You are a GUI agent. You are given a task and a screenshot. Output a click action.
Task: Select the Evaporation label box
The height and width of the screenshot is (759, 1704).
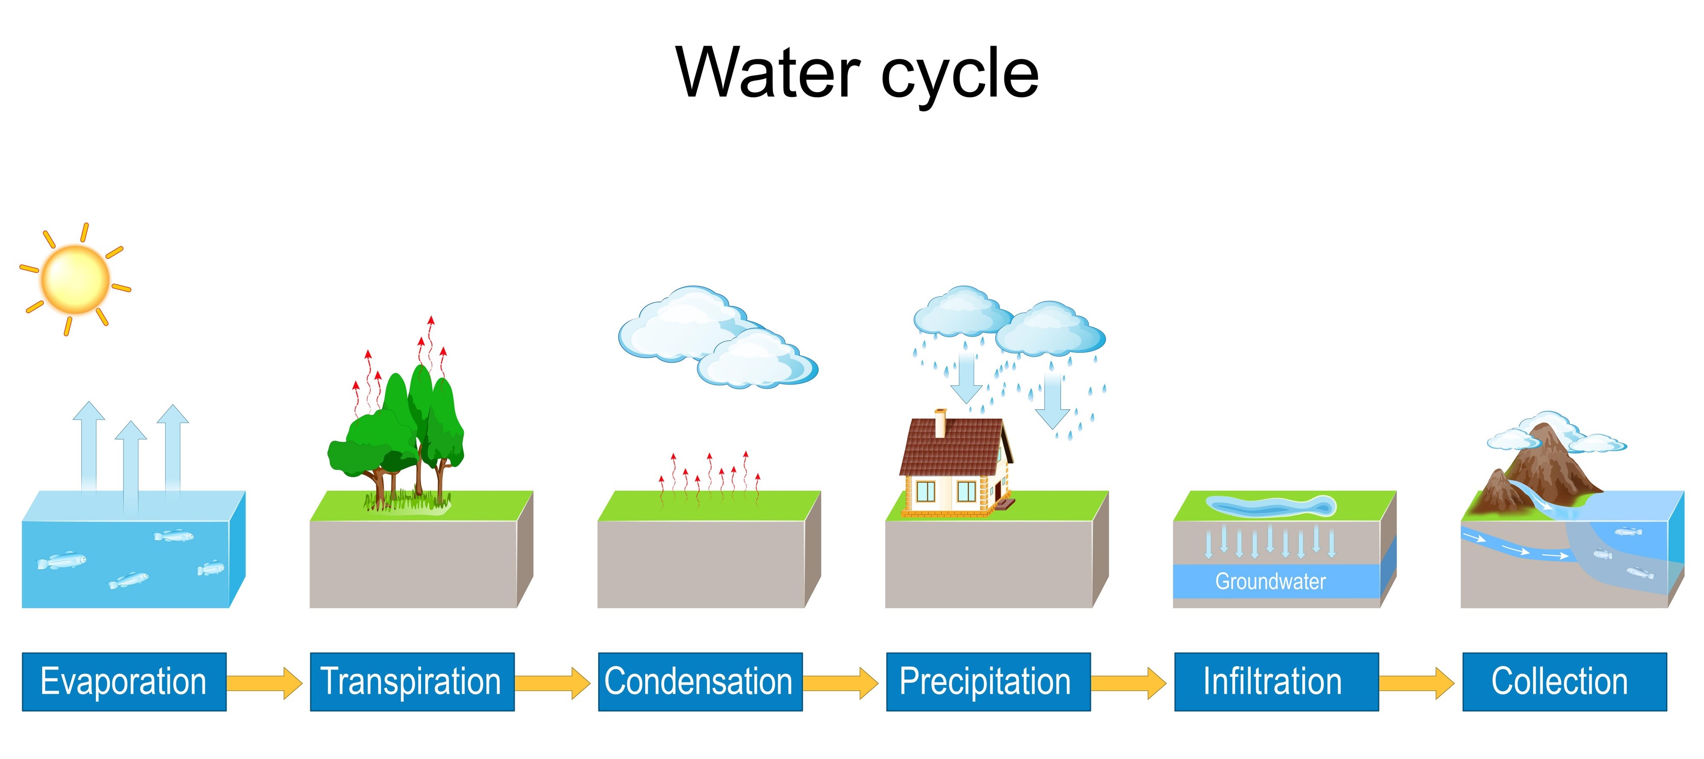124,681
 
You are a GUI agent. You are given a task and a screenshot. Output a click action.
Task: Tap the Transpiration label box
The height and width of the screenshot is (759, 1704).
412,681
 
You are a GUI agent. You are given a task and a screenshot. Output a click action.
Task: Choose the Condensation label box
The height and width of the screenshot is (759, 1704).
700,681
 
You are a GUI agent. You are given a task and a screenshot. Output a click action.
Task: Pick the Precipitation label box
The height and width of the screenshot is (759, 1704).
988,681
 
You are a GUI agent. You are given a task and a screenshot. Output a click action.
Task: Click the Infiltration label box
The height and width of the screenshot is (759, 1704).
1276,681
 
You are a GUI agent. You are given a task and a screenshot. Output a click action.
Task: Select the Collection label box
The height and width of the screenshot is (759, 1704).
1564,681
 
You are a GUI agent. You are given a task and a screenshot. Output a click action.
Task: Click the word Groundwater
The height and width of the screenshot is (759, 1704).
1270,581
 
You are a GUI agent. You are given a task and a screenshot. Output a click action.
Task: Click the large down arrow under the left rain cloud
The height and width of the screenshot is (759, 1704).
966,377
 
